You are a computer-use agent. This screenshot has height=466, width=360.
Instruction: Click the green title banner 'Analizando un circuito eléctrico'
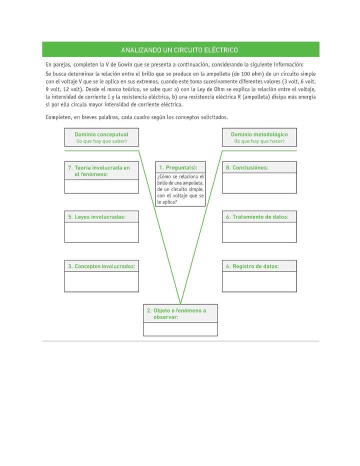coord(180,50)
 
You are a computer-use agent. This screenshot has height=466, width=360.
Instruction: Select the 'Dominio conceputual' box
coord(101,137)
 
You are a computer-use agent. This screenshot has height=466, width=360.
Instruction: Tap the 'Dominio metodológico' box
coord(259,137)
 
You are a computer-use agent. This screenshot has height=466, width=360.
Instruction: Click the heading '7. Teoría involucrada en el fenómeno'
coord(99,171)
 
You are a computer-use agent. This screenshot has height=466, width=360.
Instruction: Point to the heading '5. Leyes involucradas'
coord(97,216)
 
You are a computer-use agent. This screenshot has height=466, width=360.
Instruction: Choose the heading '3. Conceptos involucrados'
coord(101,266)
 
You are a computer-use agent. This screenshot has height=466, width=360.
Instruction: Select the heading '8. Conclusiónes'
coord(247,167)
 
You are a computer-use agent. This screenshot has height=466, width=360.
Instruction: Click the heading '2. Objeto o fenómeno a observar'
coord(176,313)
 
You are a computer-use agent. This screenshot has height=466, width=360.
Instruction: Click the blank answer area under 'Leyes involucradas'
coord(101,232)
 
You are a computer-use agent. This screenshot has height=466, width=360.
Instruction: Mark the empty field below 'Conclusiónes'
coord(259,183)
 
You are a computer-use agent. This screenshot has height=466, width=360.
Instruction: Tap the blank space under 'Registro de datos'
coord(259,282)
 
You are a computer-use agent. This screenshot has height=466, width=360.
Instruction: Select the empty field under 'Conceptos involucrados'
coord(101,282)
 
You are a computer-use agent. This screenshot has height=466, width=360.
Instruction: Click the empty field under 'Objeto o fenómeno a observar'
coord(180,329)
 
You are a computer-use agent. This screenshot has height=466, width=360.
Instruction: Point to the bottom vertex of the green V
coord(180,303)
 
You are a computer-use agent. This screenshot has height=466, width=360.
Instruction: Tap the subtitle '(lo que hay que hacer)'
coord(259,141)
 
